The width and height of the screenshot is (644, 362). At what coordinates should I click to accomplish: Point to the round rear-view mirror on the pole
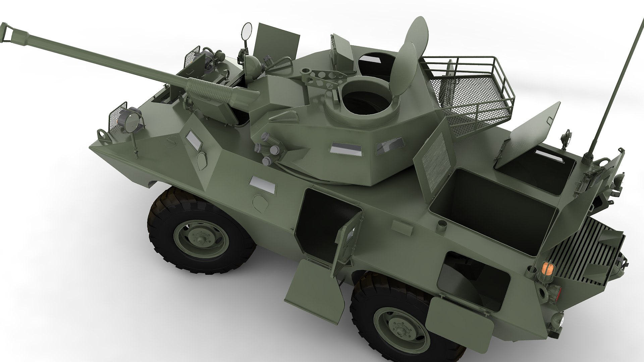(247, 31)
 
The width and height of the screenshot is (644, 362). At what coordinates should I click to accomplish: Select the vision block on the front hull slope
(194, 139)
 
